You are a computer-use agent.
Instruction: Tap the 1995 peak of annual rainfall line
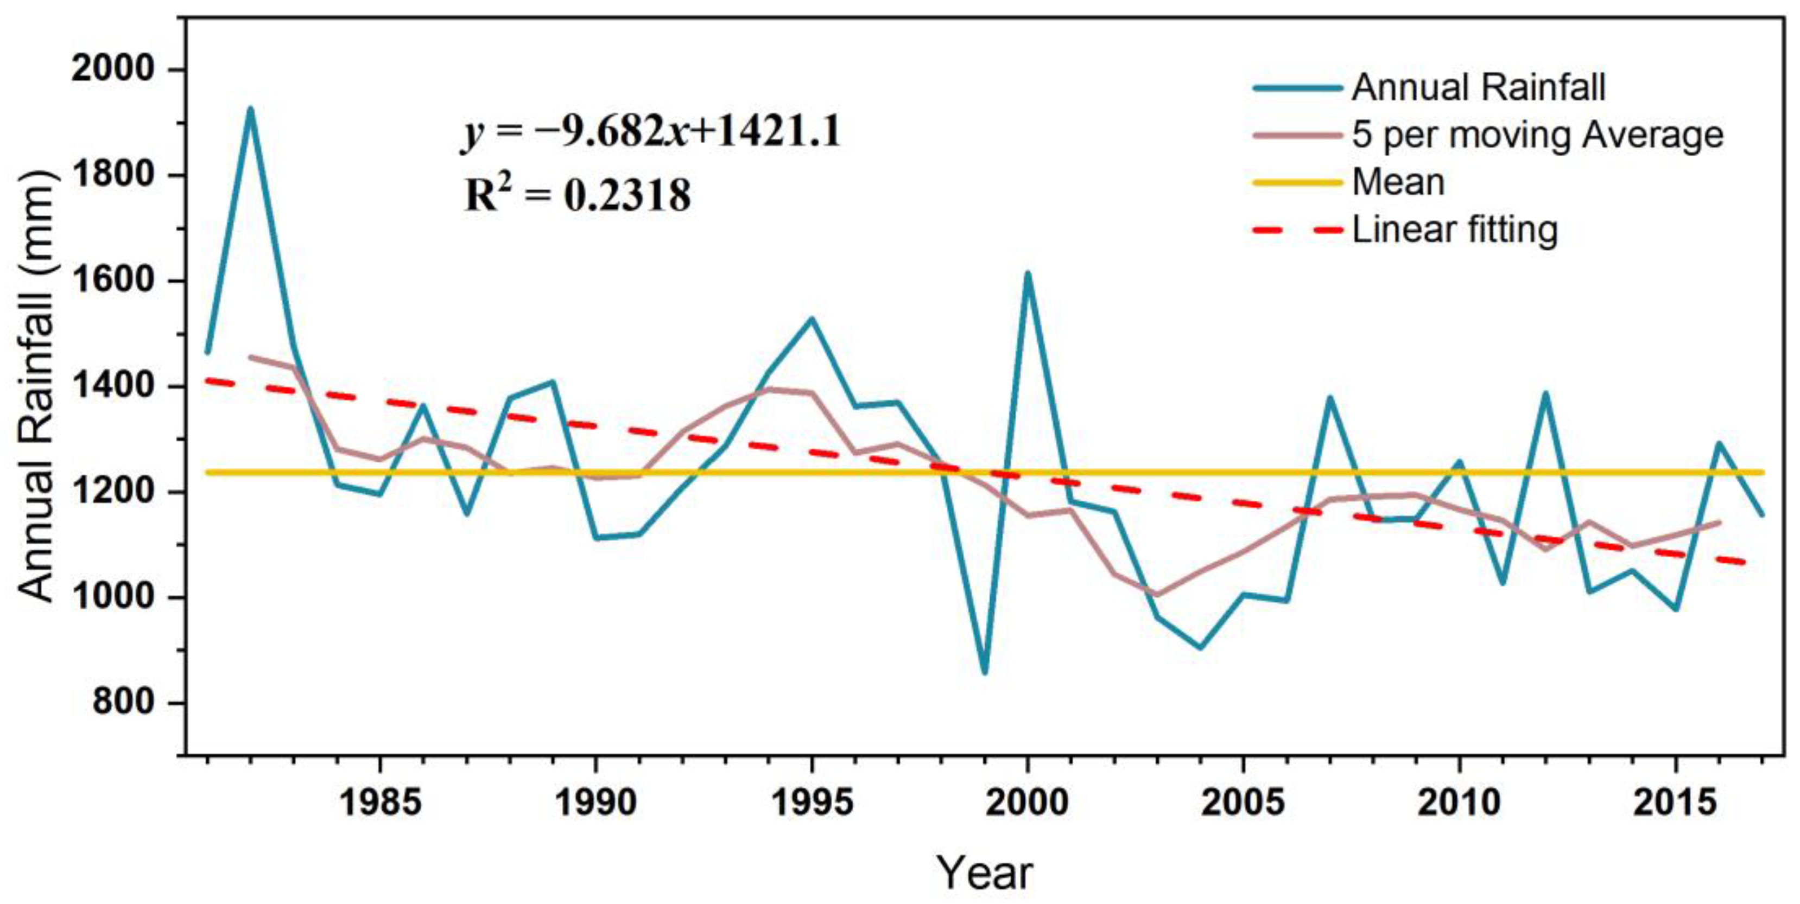click(812, 319)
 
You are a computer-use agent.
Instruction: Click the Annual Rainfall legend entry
click(1478, 87)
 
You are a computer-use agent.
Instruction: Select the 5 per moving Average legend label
click(1537, 135)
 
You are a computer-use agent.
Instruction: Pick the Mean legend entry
click(1398, 182)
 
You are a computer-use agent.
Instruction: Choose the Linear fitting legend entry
click(1455, 230)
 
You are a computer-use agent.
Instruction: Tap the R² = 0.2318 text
click(577, 195)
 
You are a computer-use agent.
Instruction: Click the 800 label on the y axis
click(123, 702)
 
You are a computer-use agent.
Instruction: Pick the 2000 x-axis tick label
click(1027, 803)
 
